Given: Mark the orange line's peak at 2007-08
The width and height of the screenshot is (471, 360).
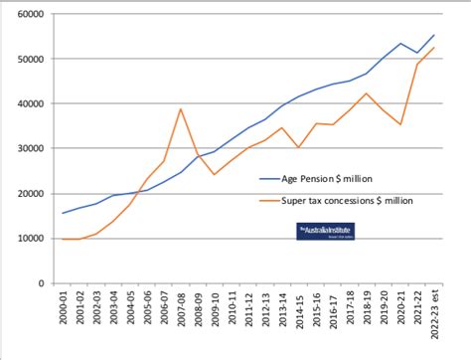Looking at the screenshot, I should [181, 108].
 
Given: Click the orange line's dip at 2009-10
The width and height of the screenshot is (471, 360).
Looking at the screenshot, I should [214, 174].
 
